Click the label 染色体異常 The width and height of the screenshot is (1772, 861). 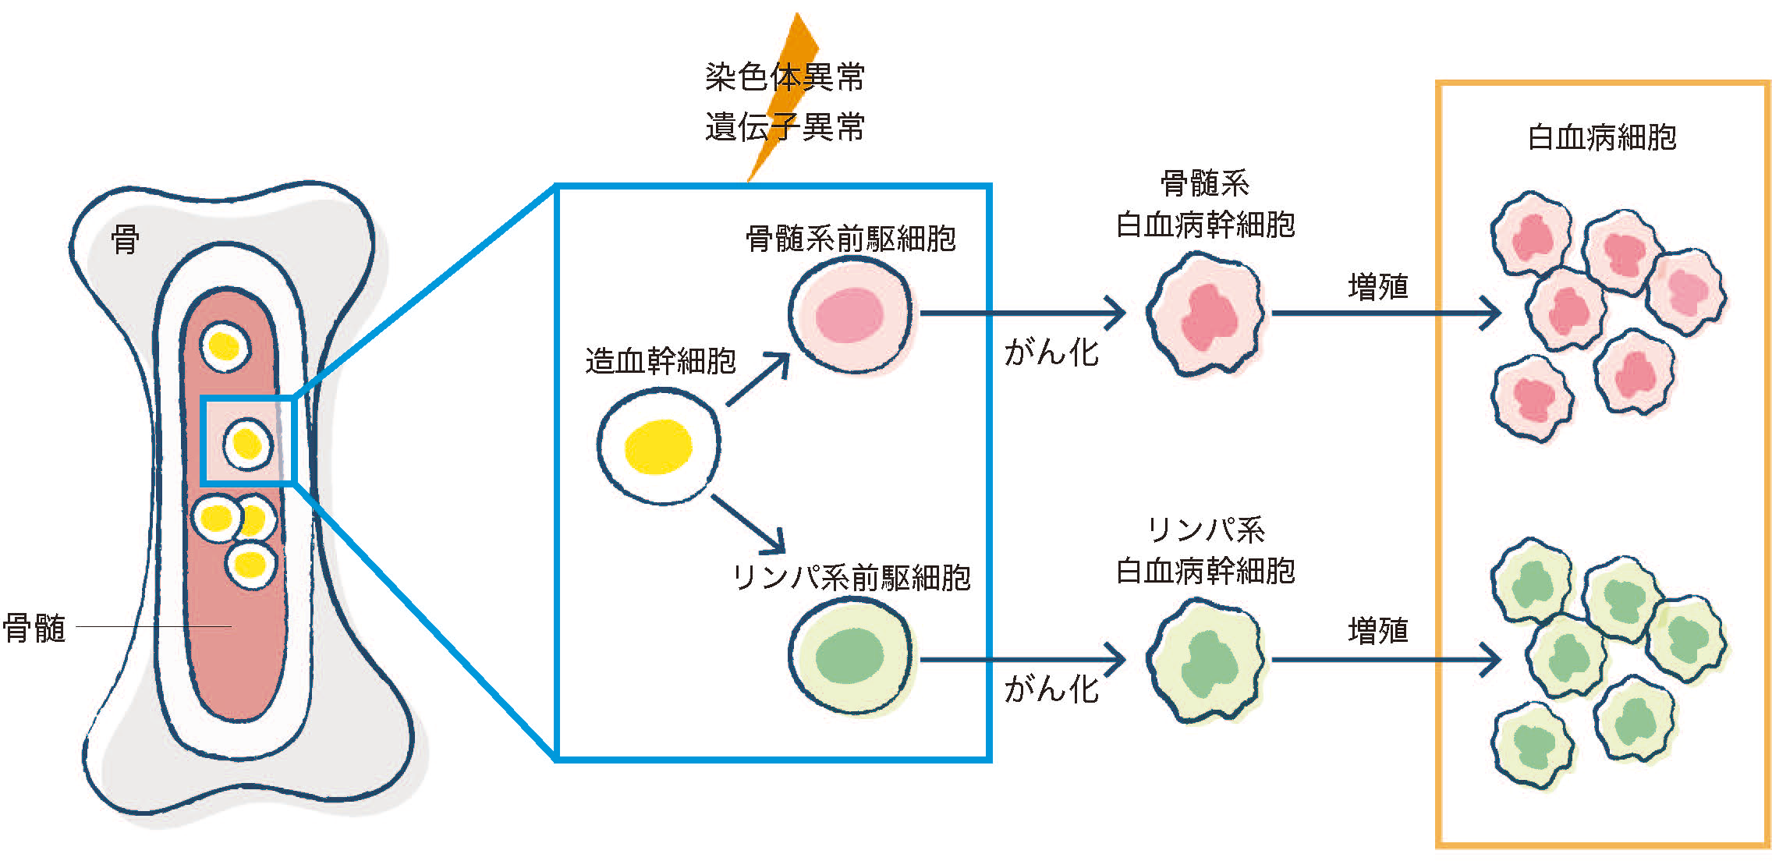coord(785,77)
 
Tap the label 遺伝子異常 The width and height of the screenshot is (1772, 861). coord(785,127)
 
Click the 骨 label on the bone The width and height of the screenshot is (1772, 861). coord(125,240)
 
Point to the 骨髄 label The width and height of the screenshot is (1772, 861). coord(34,628)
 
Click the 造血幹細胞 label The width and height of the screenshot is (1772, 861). coord(660,361)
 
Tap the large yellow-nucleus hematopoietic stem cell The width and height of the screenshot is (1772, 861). coord(659,446)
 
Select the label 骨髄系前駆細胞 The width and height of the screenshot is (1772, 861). coord(850,239)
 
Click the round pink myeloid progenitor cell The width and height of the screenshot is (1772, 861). coord(849,314)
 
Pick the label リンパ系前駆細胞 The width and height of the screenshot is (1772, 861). coord(851,578)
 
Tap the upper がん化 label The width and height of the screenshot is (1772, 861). coord(1051,353)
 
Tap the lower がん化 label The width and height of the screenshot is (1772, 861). coord(1051,689)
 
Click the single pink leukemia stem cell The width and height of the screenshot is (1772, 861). coord(1206,314)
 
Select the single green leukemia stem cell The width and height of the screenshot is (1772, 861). coord(1206,660)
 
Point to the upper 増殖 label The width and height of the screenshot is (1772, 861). coord(1377,287)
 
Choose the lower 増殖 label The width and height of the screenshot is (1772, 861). coord(1377,630)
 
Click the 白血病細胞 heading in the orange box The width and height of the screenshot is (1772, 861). coord(1602,137)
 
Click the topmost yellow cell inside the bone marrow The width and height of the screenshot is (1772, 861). coord(225,346)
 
